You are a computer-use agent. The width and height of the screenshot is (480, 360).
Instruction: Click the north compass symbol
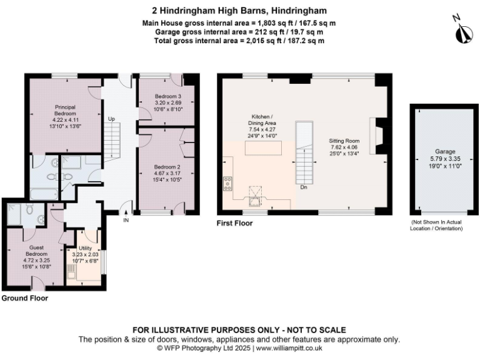pyautogui.click(x=462, y=32)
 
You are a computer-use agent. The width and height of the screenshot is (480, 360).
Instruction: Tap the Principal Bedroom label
pyautogui.click(x=65, y=118)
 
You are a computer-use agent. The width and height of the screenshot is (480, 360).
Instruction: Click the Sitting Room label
pyautogui.click(x=345, y=147)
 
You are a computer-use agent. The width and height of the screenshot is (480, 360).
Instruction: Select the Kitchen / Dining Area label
pyautogui.click(x=264, y=124)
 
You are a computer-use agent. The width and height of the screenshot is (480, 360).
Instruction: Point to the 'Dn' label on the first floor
pyautogui.click(x=303, y=187)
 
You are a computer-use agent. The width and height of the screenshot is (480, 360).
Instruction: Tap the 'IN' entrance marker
pyautogui.click(x=126, y=220)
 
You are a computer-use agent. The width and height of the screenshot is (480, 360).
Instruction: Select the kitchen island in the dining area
pyautogui.click(x=264, y=149)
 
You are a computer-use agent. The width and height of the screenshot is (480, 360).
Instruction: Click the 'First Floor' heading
pyautogui.click(x=235, y=222)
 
